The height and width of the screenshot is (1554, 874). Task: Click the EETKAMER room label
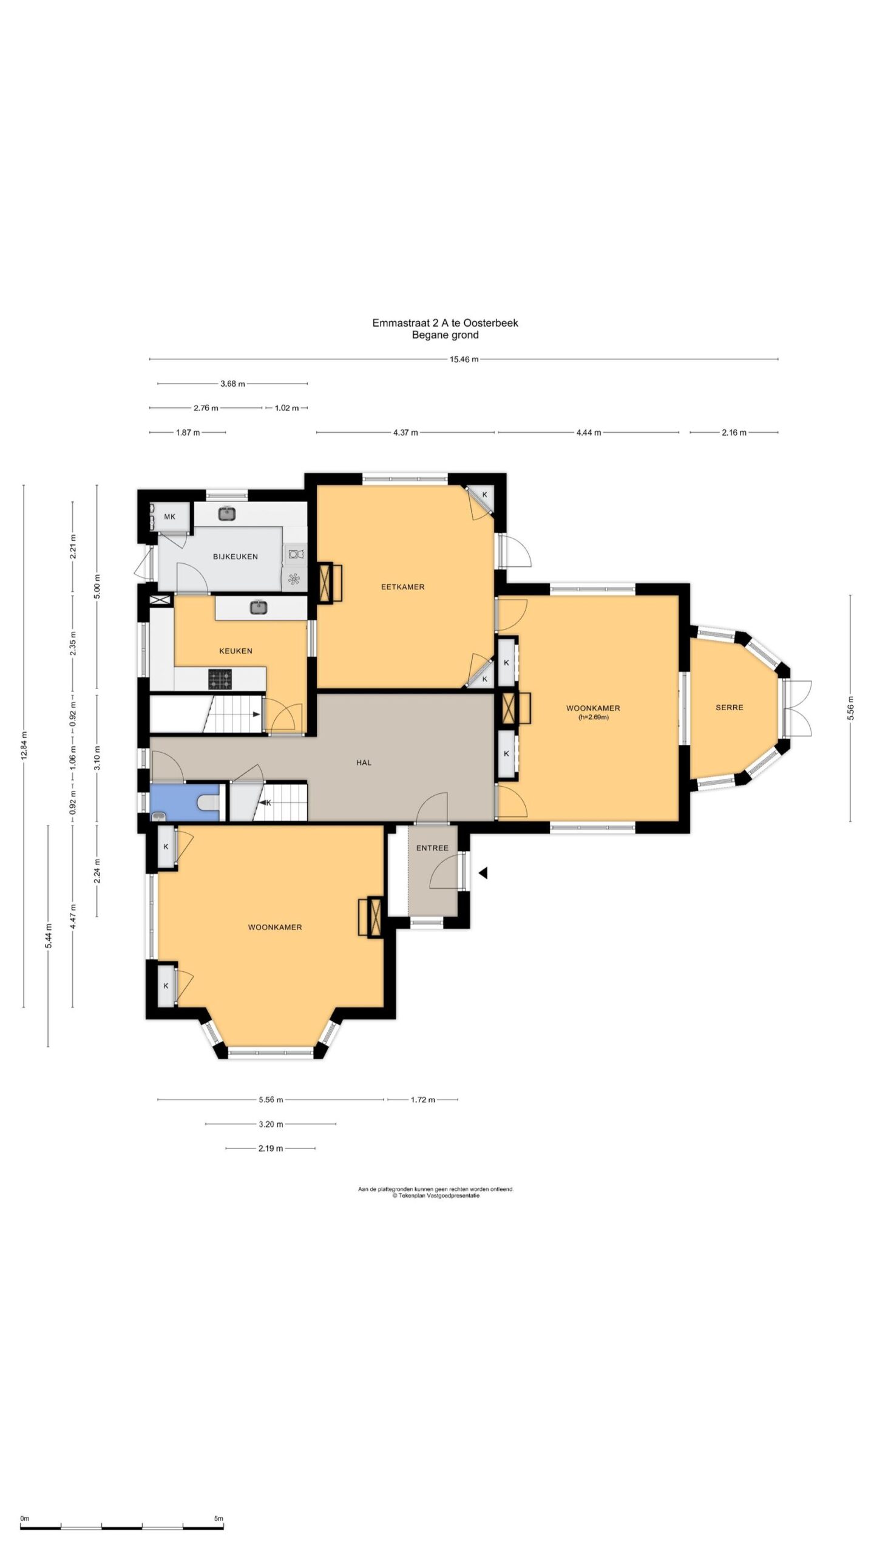402,587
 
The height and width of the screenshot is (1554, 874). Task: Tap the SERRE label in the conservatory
729,707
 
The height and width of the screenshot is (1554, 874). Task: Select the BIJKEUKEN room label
235,557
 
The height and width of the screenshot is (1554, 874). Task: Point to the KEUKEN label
235,651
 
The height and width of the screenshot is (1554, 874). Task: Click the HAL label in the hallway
364,762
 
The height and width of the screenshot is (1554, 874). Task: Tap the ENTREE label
432,848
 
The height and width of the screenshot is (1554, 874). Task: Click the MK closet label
169,517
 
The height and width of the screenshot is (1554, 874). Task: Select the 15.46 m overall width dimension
464,359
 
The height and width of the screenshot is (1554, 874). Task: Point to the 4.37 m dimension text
405,433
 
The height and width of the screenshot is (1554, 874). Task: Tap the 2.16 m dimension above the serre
734,433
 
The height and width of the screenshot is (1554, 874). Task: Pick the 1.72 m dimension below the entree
423,1099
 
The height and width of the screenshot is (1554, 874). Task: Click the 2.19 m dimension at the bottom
271,1148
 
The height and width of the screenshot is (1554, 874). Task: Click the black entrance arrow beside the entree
483,873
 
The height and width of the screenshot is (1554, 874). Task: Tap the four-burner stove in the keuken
220,679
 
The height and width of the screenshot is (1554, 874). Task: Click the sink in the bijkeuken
227,514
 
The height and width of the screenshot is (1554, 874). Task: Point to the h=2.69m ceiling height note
593,718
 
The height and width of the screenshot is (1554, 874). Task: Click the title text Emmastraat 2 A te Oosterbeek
445,323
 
